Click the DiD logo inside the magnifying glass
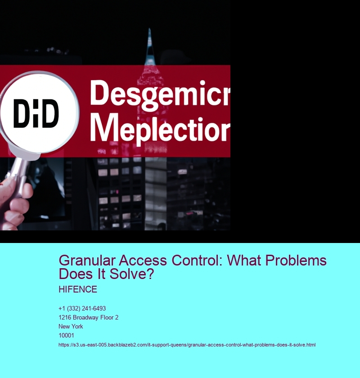tap(36, 113)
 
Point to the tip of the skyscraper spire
tap(149, 29)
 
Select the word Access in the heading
tap(143, 261)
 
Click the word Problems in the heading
tap(296, 261)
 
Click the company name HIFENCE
tap(78, 289)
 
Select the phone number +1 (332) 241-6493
tap(82, 308)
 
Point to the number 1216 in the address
tap(65, 318)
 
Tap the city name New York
tap(71, 326)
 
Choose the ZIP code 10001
tap(66, 335)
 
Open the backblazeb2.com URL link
tap(187, 345)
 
